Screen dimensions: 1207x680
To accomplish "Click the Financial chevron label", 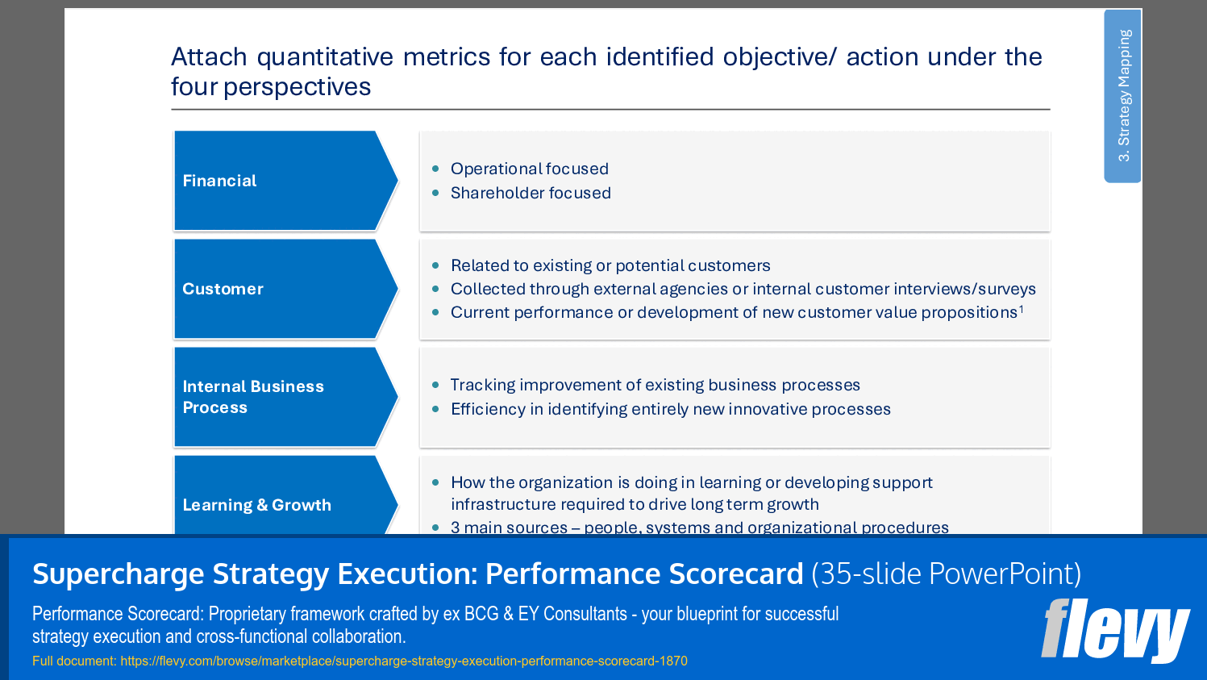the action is tap(219, 181).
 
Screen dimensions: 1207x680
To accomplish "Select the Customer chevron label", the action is tap(223, 289).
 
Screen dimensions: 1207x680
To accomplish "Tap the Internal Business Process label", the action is tap(253, 397).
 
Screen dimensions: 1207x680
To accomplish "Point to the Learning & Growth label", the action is tap(256, 505).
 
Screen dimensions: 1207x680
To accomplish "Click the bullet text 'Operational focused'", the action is tap(530, 169).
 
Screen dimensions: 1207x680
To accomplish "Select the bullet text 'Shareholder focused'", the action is tap(531, 193).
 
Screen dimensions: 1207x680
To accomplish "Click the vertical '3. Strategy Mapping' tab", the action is tap(1123, 95).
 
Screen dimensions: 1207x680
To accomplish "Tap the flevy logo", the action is tap(1115, 630).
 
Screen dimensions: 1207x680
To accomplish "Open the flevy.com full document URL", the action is tap(404, 661).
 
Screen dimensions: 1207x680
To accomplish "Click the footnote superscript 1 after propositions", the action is tap(1021, 309).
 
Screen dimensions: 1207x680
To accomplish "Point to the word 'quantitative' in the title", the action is tap(325, 57).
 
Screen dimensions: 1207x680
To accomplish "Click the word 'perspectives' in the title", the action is tap(297, 87).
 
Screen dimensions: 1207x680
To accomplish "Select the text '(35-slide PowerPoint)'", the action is tap(947, 574).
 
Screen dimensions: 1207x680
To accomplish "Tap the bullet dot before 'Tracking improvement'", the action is tap(435, 385).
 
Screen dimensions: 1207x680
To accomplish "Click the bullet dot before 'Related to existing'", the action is tap(435, 265).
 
